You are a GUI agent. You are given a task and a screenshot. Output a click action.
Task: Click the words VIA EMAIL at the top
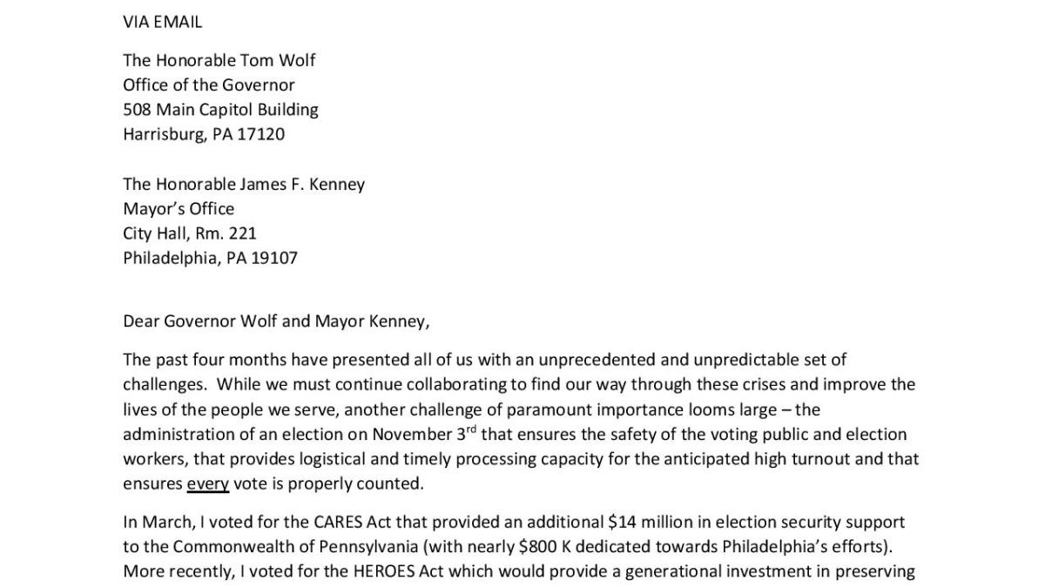click(x=162, y=23)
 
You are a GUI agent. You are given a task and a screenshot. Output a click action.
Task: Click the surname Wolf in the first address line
click(x=295, y=60)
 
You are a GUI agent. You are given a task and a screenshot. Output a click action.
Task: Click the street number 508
click(x=138, y=110)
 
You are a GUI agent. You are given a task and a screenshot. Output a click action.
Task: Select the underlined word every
click(x=207, y=483)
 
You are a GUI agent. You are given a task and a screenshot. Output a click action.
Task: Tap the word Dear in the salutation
click(x=142, y=321)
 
